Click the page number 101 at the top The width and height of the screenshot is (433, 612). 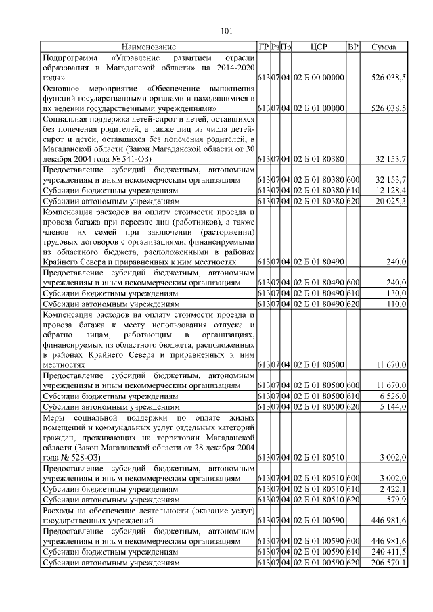227,30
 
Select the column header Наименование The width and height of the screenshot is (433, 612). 149,47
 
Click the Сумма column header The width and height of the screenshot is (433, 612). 384,47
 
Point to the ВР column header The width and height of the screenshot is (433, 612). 352,47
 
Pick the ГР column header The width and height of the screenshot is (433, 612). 264,47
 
